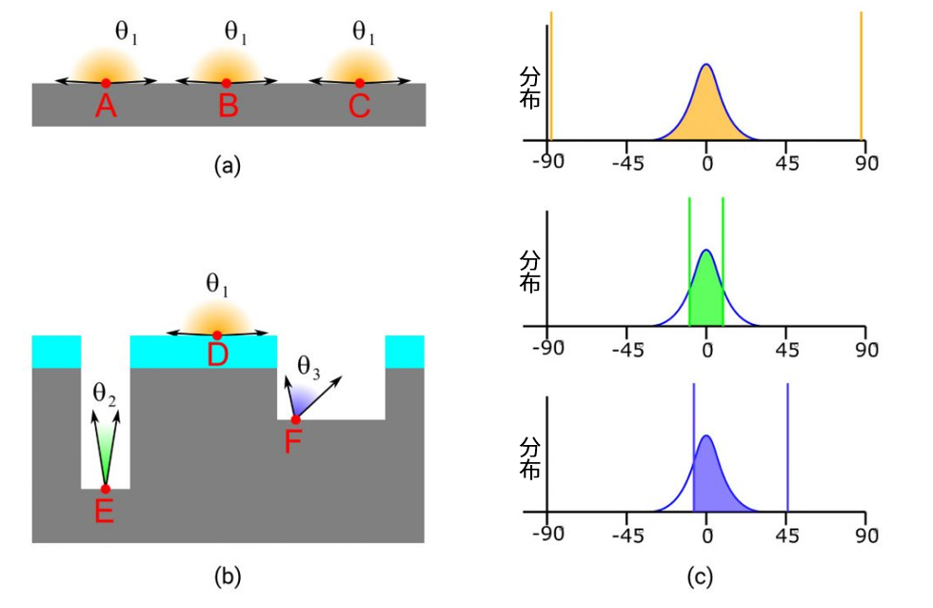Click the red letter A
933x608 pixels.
coord(106,107)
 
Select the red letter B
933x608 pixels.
coord(228,107)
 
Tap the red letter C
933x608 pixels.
coord(359,107)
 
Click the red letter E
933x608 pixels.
coord(105,512)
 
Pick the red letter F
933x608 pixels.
coord(295,441)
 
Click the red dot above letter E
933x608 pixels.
coord(105,488)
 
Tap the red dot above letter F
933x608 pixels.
coord(295,419)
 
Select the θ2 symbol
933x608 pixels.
coord(105,393)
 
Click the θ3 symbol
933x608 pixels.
coord(309,365)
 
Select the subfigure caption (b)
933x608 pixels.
coord(228,575)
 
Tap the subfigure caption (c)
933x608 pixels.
coord(705,575)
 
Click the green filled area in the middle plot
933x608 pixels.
coord(705,305)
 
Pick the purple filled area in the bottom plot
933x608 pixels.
coord(712,488)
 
